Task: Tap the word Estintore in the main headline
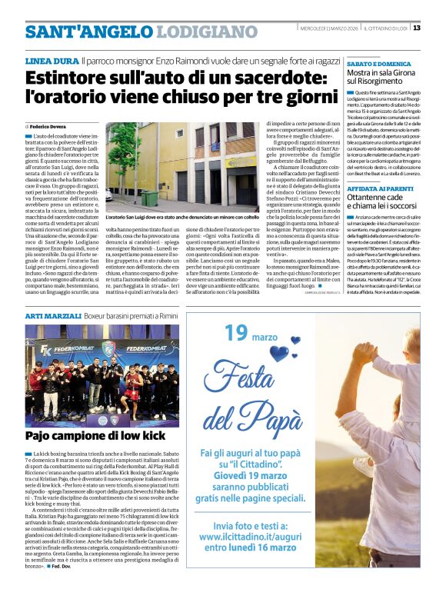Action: pyautogui.click(x=67, y=78)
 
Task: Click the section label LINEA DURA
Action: pyautogui.click(x=51, y=60)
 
